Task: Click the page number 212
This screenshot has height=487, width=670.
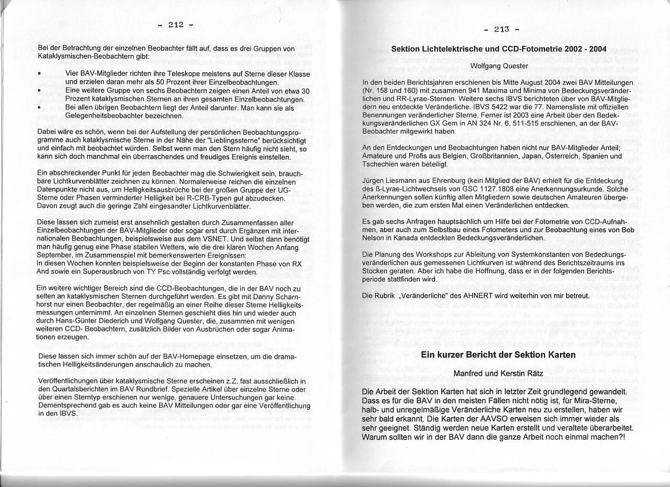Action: pyautogui.click(x=175, y=24)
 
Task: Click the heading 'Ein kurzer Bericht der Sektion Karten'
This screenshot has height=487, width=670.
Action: pyautogui.click(x=498, y=355)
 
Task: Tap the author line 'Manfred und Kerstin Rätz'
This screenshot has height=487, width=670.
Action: pyautogui.click(x=497, y=374)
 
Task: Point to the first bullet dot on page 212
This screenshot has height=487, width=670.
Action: pyautogui.click(x=38, y=74)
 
